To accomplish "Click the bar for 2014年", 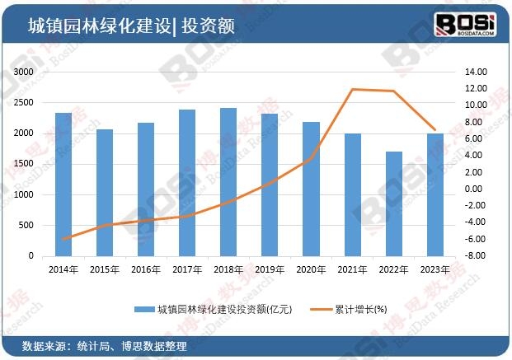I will tap(63, 184).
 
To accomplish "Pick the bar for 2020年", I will tap(311, 189).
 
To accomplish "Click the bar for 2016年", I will tap(145, 189).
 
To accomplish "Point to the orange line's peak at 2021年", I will tap(352, 89).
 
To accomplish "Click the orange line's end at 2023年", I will tap(434, 130).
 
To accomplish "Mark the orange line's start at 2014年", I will tap(63, 239).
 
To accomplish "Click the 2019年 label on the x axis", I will tap(270, 269).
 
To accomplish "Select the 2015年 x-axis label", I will tap(104, 269).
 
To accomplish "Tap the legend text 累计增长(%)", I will tap(359, 310).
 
